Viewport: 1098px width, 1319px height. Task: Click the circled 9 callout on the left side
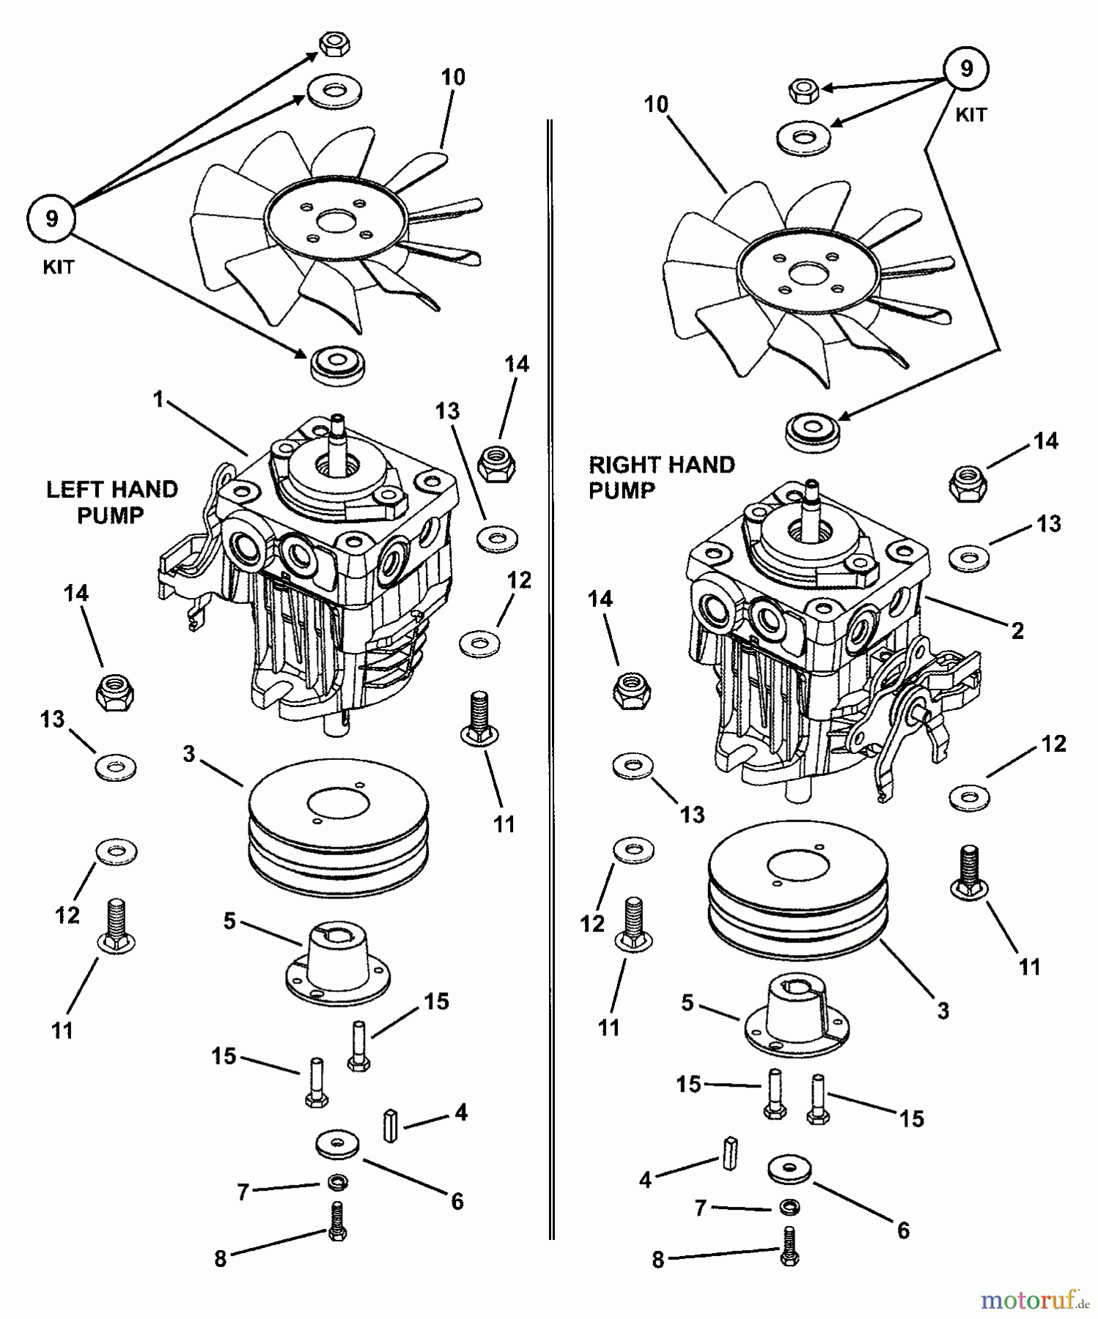pyautogui.click(x=51, y=218)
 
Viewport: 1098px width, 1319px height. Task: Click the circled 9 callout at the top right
pyautogui.click(x=966, y=69)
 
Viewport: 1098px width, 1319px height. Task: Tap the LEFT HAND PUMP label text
pyautogui.click(x=112, y=502)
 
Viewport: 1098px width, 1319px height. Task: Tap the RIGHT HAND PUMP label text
pyautogui.click(x=661, y=477)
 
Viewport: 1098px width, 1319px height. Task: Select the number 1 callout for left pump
pyautogui.click(x=158, y=400)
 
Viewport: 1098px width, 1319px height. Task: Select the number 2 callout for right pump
pyautogui.click(x=1017, y=630)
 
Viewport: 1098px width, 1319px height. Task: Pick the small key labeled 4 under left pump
pyautogui.click(x=391, y=1126)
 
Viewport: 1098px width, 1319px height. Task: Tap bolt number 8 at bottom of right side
pyautogui.click(x=789, y=1245)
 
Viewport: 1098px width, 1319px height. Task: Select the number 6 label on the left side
pyautogui.click(x=457, y=1201)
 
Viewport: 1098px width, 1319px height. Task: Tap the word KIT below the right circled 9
pyautogui.click(x=970, y=115)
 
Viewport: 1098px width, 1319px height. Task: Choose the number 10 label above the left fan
pyautogui.click(x=453, y=78)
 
